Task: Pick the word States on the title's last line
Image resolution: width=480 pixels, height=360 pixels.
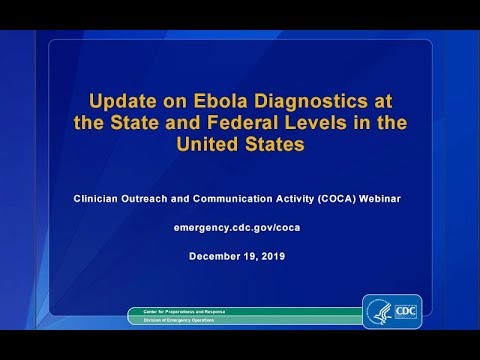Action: [x=271, y=144]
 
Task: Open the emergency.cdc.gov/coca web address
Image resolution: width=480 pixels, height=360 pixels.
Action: [x=239, y=228]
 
